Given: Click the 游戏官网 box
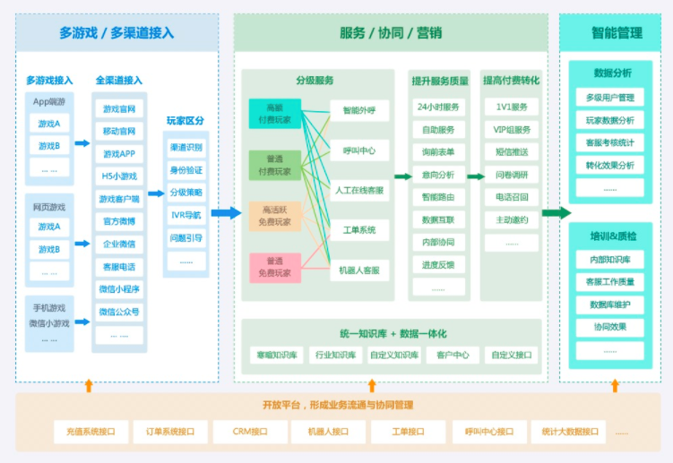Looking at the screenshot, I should click(x=119, y=109).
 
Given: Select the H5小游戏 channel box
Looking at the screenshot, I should click(x=119, y=176).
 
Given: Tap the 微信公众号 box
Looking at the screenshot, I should click(x=119, y=311).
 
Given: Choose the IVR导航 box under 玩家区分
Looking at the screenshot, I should click(x=186, y=215).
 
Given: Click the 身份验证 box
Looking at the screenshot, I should click(x=186, y=170).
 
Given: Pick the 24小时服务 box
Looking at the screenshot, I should click(x=438, y=107).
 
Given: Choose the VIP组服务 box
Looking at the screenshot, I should click(x=512, y=129).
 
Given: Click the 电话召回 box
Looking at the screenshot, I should click(x=512, y=197).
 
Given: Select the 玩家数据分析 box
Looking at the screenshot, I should click(x=610, y=120).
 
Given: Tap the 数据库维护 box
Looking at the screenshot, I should click(x=610, y=304).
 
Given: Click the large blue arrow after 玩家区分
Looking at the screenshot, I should click(x=226, y=213).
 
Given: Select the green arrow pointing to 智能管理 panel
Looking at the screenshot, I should click(x=556, y=213).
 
